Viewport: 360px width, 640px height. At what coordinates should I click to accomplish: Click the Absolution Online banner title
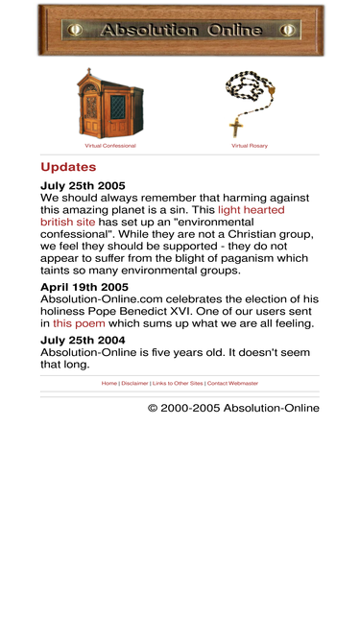click(x=180, y=31)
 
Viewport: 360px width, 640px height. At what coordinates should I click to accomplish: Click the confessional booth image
click(x=109, y=104)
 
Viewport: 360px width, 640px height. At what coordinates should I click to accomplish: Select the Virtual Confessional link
click(x=110, y=146)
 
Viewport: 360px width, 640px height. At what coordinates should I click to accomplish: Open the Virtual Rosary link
click(x=250, y=146)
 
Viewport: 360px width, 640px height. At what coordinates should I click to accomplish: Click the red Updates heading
click(x=68, y=168)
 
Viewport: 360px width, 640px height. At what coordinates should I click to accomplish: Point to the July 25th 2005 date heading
click(x=83, y=186)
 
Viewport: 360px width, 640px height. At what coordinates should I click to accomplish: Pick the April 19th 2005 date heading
click(x=84, y=287)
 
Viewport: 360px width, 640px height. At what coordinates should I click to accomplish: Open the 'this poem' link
click(x=79, y=323)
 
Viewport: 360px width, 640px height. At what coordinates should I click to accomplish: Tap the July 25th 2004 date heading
click(x=83, y=340)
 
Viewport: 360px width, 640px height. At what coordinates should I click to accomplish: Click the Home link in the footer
click(x=109, y=383)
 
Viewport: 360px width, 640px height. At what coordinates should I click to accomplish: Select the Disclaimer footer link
click(x=134, y=383)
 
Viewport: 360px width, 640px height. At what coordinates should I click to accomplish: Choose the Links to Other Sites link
click(x=178, y=383)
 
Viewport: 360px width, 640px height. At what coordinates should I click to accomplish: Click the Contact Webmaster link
click(x=232, y=383)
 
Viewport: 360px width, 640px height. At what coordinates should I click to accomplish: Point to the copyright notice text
click(x=233, y=408)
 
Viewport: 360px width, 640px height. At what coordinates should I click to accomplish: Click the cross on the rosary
click(x=235, y=126)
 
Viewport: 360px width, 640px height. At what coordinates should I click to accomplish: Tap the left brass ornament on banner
click(x=75, y=31)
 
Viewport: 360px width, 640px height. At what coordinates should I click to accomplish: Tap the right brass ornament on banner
click(x=287, y=31)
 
